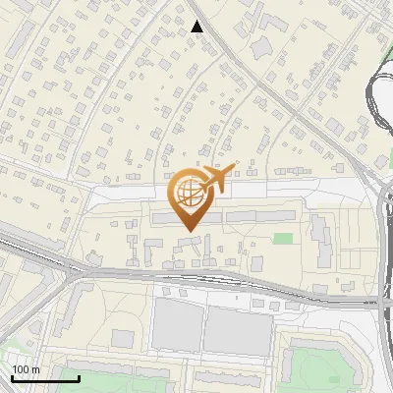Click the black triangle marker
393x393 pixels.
tap(197, 27)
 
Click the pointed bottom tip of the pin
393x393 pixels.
tap(190, 230)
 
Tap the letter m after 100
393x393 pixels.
tap(34, 369)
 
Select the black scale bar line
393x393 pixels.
tap(45, 378)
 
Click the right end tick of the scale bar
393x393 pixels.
tap(79, 377)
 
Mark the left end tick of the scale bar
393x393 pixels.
tap(12, 377)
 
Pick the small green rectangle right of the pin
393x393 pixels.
tap(283, 238)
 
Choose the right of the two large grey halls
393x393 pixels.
tap(237, 331)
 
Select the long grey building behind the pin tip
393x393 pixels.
tap(225, 214)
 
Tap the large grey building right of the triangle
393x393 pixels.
tap(262, 47)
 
